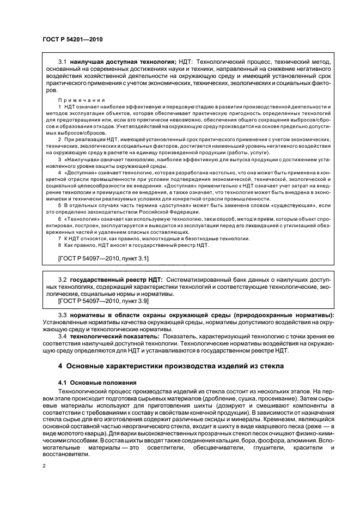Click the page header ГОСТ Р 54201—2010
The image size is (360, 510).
(x=72, y=39)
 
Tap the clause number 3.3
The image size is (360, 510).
(x=63, y=315)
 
